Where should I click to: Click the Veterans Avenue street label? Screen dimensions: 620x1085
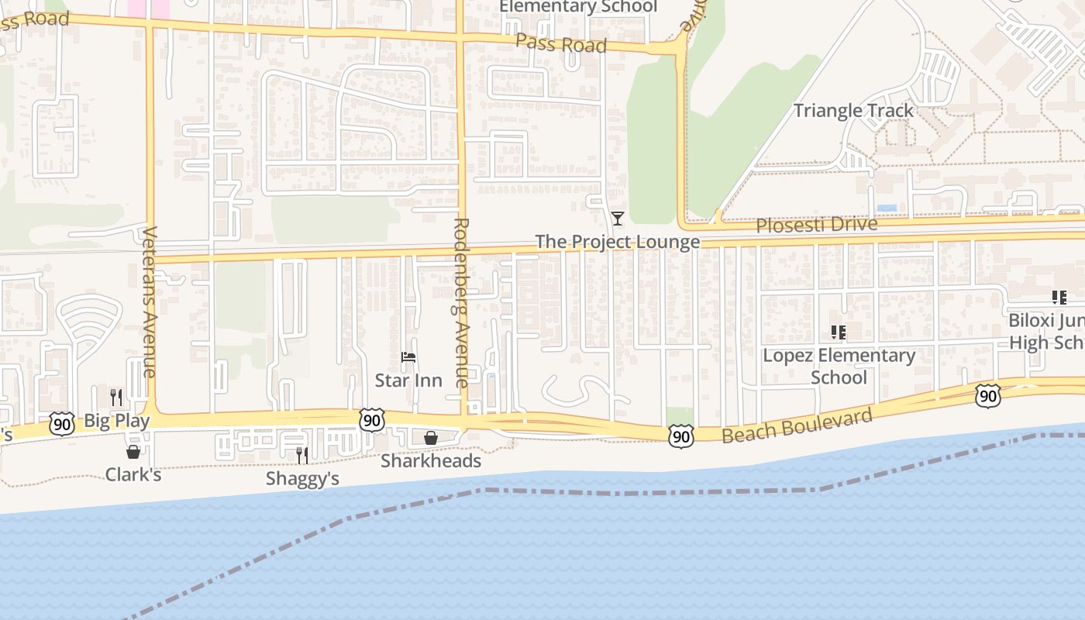click(x=150, y=301)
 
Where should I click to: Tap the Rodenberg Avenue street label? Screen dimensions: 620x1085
click(x=460, y=302)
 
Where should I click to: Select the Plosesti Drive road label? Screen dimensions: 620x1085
click(x=816, y=226)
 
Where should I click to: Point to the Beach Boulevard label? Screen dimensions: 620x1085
click(x=797, y=425)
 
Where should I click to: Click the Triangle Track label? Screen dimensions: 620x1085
click(x=853, y=111)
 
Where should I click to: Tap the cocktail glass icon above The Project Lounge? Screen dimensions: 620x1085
click(x=617, y=219)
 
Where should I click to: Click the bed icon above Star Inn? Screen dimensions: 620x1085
click(x=408, y=357)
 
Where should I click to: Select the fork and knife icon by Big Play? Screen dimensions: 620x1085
click(x=116, y=398)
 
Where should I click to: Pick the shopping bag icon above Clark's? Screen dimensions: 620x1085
click(x=133, y=451)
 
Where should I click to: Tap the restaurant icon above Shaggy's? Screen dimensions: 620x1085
click(x=302, y=455)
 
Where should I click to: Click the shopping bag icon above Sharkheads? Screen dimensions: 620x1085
click(x=431, y=438)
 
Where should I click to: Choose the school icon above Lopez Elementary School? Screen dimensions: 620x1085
click(x=838, y=332)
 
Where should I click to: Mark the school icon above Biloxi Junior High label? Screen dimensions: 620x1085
click(x=1059, y=297)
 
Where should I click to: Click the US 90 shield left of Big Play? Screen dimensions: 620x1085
click(x=62, y=423)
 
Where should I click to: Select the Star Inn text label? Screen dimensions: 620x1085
click(x=408, y=381)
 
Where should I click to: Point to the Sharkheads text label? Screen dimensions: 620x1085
click(x=431, y=461)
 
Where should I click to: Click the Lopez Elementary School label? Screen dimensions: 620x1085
click(x=839, y=367)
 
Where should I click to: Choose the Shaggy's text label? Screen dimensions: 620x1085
click(x=302, y=479)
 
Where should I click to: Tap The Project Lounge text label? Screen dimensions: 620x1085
click(x=617, y=242)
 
